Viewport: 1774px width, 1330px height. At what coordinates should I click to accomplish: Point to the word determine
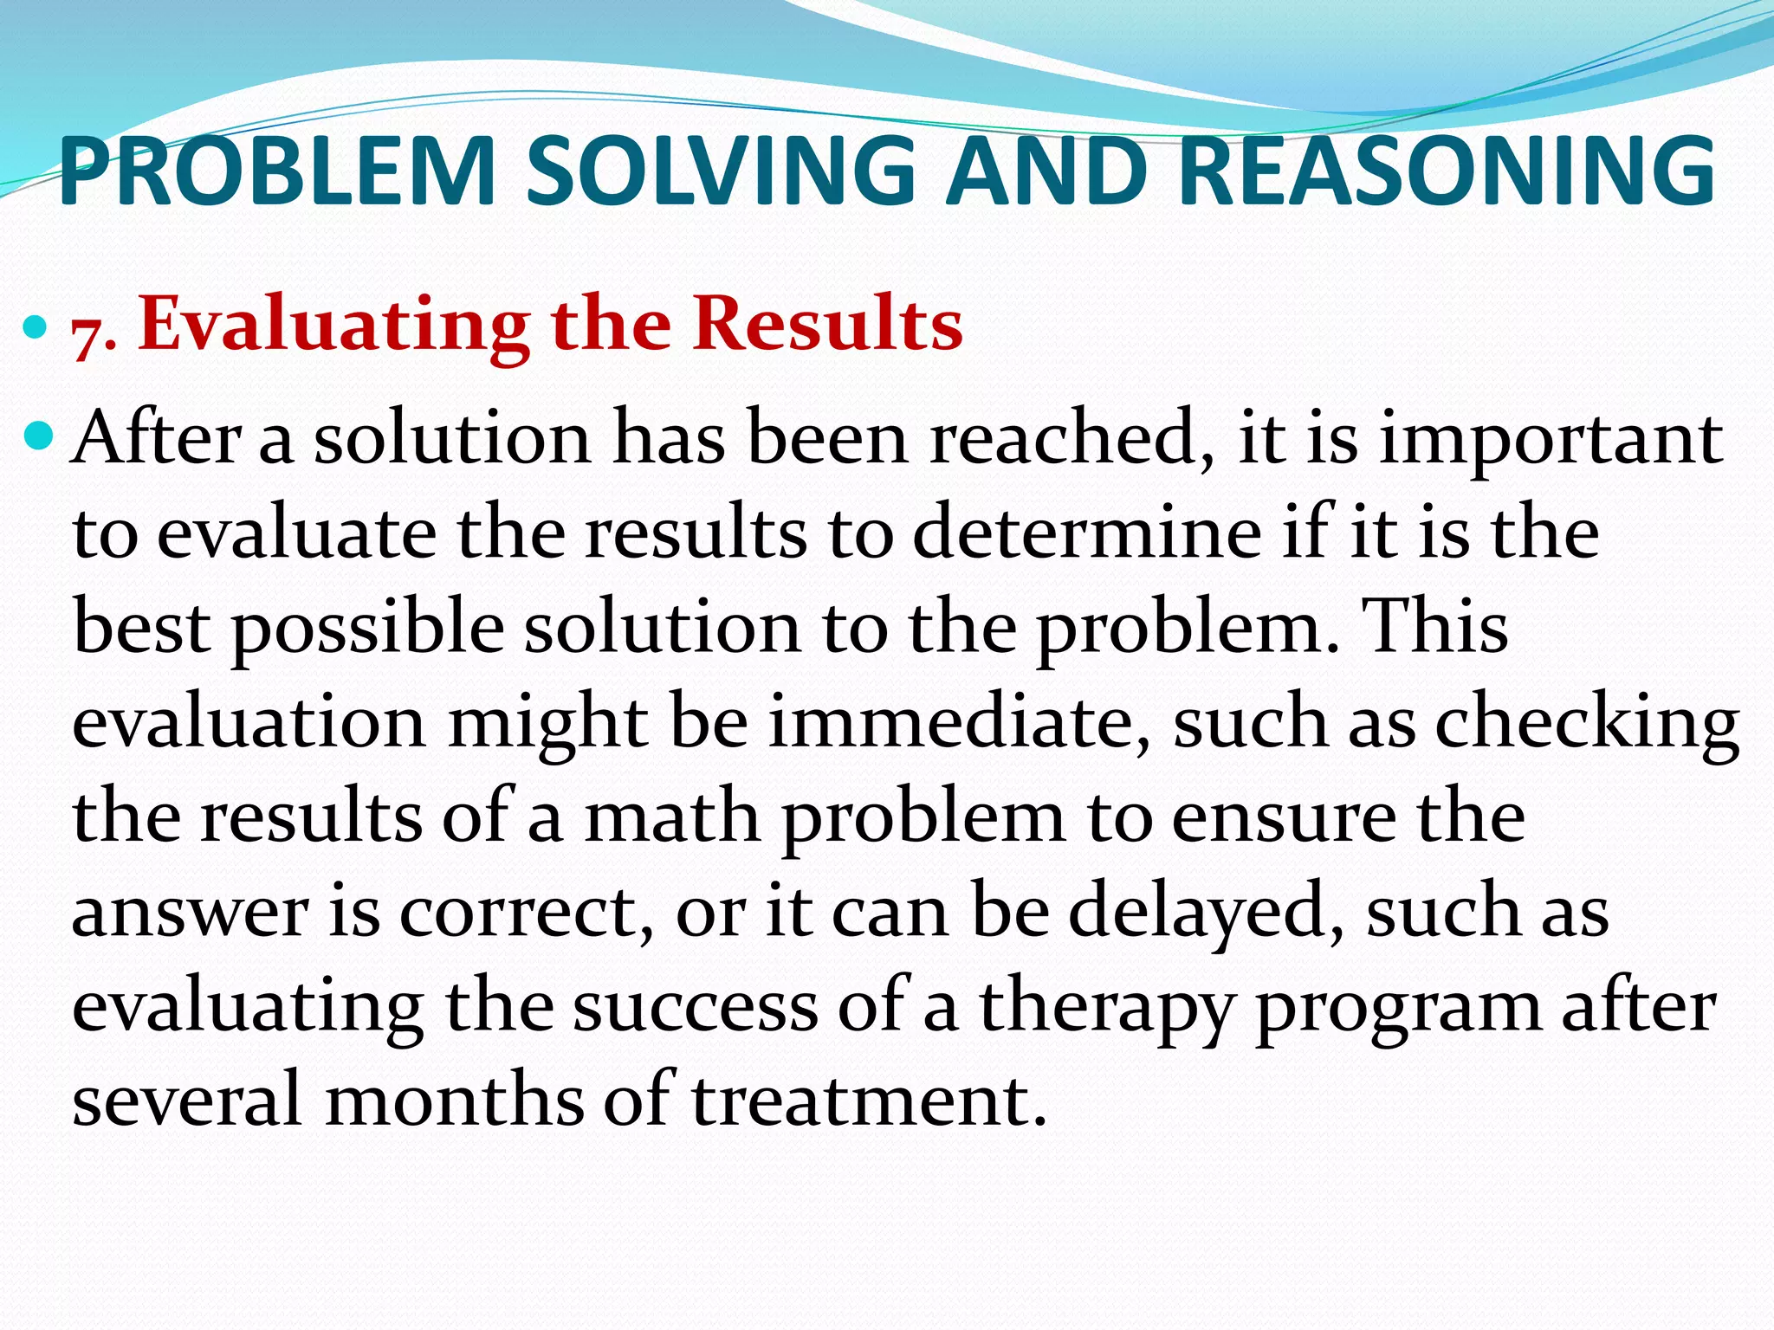(x=1087, y=533)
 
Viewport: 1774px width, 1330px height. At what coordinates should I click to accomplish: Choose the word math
(x=672, y=817)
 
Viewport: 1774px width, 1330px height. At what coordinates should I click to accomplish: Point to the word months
(x=455, y=1101)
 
